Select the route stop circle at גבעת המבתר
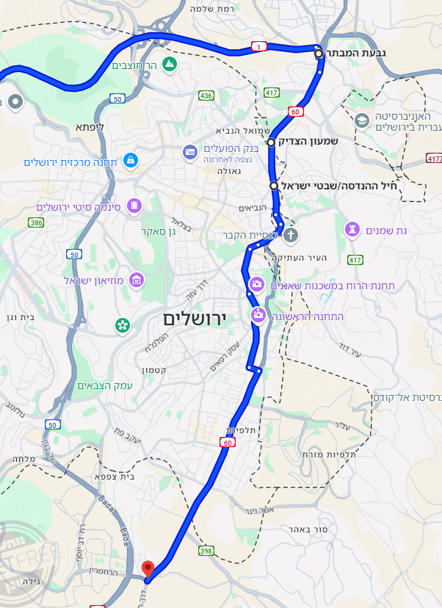point(319,54)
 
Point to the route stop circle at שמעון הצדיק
point(271,142)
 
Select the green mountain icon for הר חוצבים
point(170,65)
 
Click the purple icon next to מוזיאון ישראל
point(136,280)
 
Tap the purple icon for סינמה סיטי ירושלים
point(134,206)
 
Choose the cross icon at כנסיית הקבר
point(291,236)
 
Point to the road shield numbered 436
point(206,96)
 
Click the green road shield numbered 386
point(36,222)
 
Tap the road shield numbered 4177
point(434,158)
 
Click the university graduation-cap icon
point(362,120)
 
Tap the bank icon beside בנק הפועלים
point(190,151)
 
